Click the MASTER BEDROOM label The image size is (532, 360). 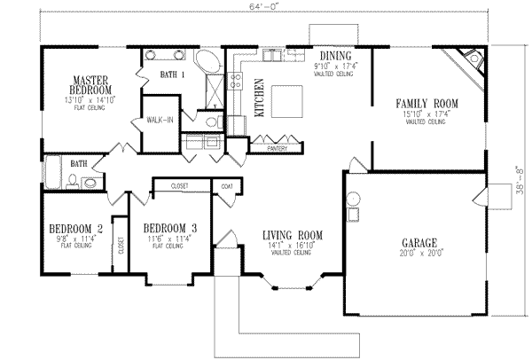point(91,85)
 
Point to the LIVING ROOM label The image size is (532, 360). point(292,235)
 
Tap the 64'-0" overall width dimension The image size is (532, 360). point(263,12)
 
